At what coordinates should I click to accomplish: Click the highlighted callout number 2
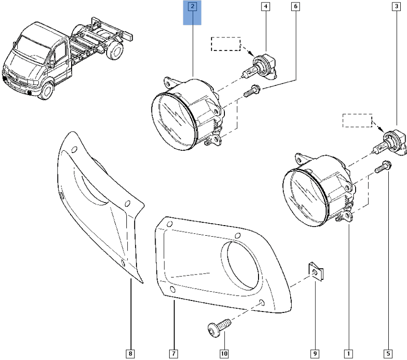[192, 7]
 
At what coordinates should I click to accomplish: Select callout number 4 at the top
[266, 7]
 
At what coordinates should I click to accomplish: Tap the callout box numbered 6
[296, 7]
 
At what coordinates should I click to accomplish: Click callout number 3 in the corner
[396, 7]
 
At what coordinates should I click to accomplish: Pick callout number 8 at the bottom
[130, 354]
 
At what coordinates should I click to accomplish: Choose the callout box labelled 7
[173, 354]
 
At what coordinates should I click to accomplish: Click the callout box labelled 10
[224, 354]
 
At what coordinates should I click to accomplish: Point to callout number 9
[315, 354]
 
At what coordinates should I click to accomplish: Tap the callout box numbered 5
[388, 354]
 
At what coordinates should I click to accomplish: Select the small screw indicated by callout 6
[252, 91]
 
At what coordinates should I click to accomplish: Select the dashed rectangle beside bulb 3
[357, 120]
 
